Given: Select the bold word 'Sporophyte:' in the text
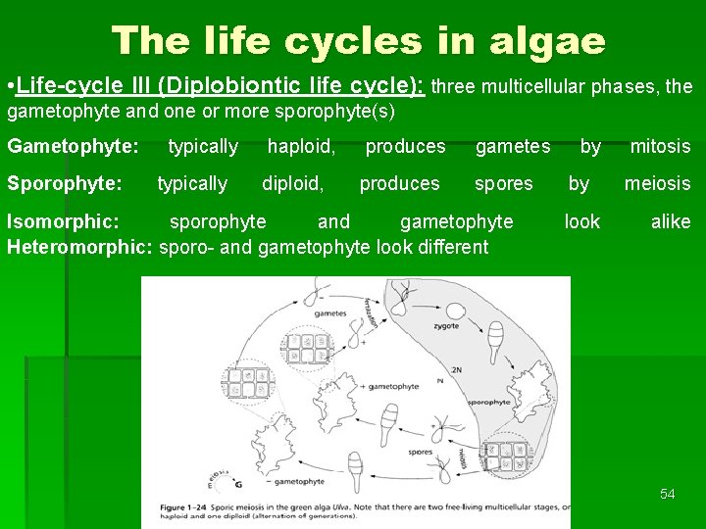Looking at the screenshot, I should pyautogui.click(x=64, y=184).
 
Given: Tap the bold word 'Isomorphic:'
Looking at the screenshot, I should pyautogui.click(x=63, y=222).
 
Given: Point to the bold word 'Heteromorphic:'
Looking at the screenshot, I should pyautogui.click(x=78, y=247).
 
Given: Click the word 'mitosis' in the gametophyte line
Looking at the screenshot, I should pyautogui.click(x=660, y=147).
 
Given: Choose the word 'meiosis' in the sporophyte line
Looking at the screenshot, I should pyautogui.click(x=657, y=184).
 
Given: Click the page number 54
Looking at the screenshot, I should pyautogui.click(x=667, y=494).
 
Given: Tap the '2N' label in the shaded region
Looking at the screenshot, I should pyautogui.click(x=454, y=371).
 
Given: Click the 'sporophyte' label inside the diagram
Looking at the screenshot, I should pyautogui.click(x=486, y=402).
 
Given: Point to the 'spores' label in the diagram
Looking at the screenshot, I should pyautogui.click(x=420, y=453).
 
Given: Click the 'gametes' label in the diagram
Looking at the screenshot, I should pyautogui.click(x=330, y=313).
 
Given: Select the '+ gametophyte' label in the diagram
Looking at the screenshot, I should pyautogui.click(x=391, y=386).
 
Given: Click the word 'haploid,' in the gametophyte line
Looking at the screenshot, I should pyautogui.click(x=302, y=147).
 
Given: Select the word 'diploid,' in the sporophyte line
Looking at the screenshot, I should pyautogui.click(x=292, y=184).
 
